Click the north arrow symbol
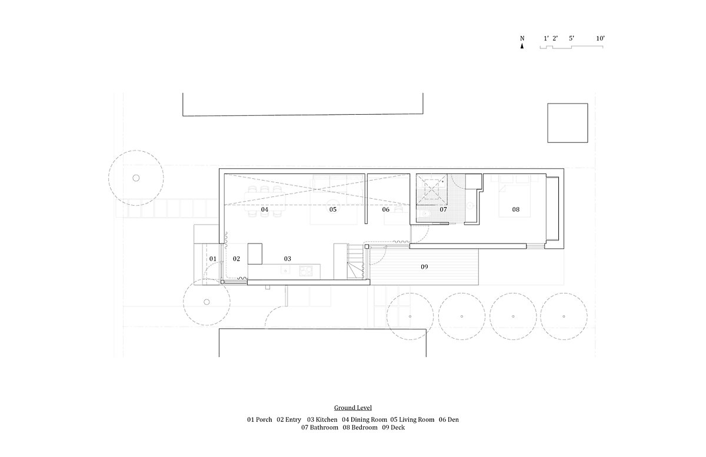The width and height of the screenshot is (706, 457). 522,46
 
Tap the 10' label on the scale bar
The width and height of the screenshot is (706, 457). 600,38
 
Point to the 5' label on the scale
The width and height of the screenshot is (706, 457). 571,38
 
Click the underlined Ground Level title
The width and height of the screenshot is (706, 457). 352,408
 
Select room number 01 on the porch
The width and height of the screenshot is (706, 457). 213,259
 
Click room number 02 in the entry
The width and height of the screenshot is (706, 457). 237,259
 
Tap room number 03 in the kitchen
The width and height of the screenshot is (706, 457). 288,259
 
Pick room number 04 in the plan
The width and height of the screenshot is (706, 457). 265,209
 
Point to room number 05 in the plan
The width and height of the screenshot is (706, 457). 333,209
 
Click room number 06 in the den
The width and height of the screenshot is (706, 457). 386,209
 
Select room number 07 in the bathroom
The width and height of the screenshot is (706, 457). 443,209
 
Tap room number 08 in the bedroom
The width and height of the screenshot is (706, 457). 515,209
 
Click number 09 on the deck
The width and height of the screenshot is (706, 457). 424,267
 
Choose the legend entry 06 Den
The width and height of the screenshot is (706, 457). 449,419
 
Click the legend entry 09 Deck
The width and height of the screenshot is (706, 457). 394,428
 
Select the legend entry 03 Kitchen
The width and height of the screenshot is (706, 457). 322,419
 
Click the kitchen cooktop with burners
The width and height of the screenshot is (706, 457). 306,271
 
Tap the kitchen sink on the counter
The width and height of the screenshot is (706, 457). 285,271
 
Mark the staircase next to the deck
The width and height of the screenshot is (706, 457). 355,261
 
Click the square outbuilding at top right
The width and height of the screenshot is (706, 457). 567,123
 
